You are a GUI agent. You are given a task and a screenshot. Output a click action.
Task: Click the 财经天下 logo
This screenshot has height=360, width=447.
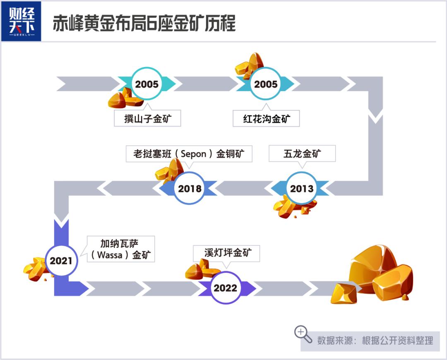22,22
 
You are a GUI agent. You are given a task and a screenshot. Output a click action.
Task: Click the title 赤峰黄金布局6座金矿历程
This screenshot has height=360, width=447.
144,23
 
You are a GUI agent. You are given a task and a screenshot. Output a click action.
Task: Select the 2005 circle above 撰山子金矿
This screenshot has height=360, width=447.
147,84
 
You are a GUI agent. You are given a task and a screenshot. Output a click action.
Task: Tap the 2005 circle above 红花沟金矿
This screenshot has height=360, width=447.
266,84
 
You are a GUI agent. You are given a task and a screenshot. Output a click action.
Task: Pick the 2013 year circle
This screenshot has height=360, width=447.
302,188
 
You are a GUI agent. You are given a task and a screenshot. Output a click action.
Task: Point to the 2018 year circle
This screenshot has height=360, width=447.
190,188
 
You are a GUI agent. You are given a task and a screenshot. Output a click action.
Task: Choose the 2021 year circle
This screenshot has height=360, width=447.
61,260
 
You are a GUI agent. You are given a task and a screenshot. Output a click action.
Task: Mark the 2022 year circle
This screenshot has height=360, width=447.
225,288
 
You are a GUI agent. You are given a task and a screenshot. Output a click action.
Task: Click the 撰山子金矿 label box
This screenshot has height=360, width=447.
147,118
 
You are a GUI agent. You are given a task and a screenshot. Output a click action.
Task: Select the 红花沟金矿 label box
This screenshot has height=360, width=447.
266,118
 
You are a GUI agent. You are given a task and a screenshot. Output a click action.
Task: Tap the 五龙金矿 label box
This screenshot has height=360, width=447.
302,154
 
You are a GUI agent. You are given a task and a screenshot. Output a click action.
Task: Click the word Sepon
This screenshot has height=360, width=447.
193,154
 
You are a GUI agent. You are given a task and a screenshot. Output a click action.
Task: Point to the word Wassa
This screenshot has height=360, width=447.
109,254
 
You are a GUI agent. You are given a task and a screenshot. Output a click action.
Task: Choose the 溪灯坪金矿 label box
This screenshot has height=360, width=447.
226,253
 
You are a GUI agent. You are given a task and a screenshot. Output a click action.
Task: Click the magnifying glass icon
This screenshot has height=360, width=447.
303,334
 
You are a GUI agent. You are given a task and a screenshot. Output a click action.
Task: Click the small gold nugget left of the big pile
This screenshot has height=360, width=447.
344,294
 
